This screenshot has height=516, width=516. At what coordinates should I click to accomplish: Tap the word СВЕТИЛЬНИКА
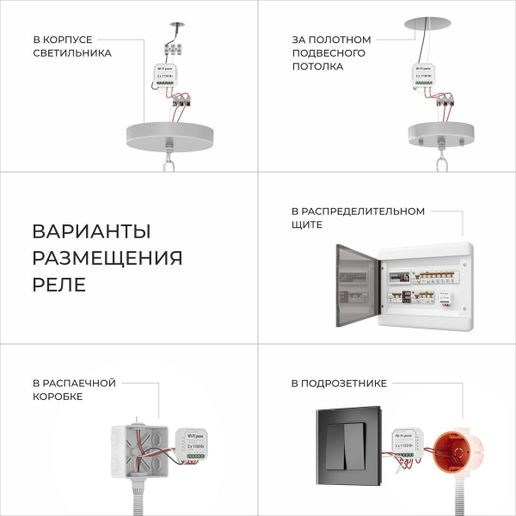(x=72, y=53)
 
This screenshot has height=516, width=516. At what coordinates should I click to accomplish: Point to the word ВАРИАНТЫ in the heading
(x=91, y=232)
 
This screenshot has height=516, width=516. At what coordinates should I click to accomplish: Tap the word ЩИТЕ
(x=307, y=224)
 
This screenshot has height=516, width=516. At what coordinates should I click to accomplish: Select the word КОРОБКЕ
(x=58, y=396)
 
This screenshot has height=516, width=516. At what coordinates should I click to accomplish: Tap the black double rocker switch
(x=350, y=447)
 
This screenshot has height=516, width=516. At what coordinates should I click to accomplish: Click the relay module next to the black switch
(x=404, y=444)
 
